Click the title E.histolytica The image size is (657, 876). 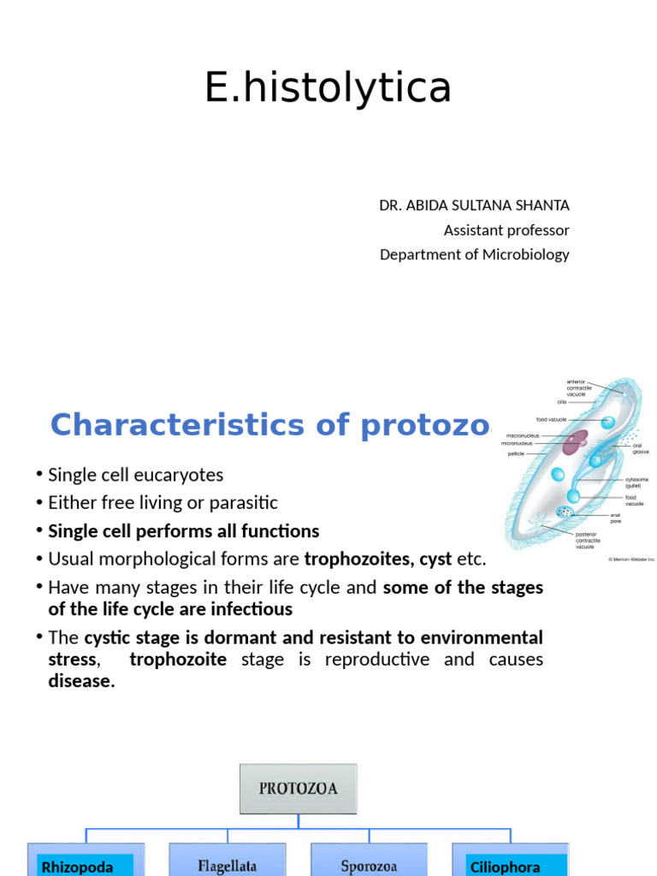click(x=328, y=87)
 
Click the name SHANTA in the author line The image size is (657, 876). click(x=542, y=205)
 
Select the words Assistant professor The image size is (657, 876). click(x=506, y=230)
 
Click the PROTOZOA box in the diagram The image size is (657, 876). click(x=298, y=788)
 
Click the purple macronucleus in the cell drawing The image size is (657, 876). click(x=575, y=441)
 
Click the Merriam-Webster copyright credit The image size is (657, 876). click(x=631, y=559)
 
